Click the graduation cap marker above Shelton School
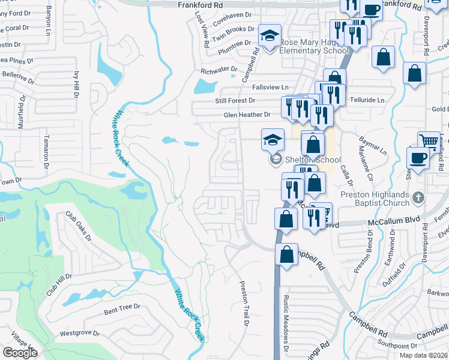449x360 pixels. point(273,140)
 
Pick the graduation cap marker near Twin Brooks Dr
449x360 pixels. point(270,35)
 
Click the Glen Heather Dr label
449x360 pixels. point(247,115)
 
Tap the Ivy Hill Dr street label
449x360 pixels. point(76,85)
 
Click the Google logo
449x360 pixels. point(20,353)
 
